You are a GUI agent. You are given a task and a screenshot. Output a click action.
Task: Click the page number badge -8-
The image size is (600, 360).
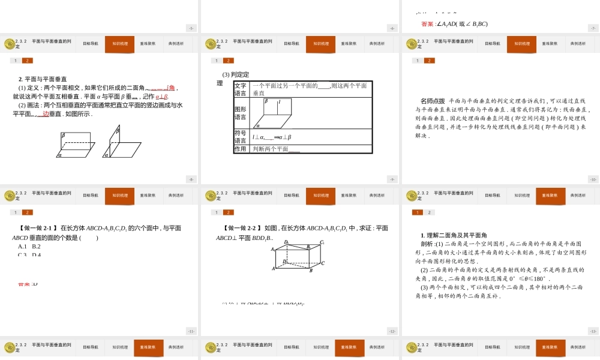(191, 179)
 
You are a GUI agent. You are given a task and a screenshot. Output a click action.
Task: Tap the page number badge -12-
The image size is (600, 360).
(392, 331)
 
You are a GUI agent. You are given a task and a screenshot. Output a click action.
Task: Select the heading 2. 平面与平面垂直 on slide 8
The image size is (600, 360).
(43, 79)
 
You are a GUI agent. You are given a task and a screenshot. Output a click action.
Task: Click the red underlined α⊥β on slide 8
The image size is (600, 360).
(162, 97)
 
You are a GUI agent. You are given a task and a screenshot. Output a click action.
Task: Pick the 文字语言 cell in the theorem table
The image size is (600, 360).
(240, 89)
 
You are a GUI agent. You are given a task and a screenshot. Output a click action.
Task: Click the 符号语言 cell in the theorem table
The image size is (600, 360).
(240, 137)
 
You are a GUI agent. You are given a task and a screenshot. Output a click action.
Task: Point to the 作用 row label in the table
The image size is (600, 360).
(240, 149)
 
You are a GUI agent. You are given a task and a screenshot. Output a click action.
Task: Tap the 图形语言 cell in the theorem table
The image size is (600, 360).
(240, 113)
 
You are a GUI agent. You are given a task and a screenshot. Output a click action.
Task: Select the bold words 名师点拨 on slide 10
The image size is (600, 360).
(433, 101)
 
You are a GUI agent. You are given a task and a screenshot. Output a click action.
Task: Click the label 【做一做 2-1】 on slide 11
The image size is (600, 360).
(38, 229)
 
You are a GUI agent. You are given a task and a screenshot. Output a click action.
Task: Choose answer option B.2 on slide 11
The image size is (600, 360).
(36, 247)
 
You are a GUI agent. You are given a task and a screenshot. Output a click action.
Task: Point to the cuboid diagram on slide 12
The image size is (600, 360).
(298, 256)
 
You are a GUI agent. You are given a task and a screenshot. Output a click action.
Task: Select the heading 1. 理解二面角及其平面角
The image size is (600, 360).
(454, 236)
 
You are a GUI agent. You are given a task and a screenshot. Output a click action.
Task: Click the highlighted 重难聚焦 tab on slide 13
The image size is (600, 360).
(550, 196)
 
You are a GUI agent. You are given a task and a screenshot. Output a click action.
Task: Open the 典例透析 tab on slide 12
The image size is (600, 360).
(377, 196)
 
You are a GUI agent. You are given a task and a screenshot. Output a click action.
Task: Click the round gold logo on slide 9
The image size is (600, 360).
(211, 44)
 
